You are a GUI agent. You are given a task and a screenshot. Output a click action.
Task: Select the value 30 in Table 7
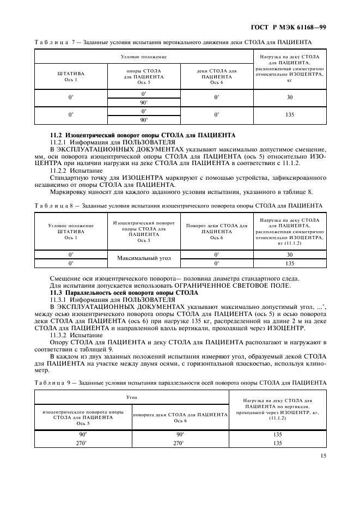pos(289,97)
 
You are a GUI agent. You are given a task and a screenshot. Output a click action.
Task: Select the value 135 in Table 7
pos(289,115)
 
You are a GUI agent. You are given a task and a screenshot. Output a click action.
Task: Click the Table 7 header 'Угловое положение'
pos(143,56)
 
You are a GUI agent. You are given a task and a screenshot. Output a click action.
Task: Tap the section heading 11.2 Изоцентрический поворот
pos(143,135)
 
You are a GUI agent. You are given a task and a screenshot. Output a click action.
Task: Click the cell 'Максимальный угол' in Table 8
pos(143,259)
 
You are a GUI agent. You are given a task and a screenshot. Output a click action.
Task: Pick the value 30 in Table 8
pos(289,254)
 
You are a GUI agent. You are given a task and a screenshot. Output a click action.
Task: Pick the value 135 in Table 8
pos(289,263)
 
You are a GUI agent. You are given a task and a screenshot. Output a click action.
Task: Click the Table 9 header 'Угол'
pos(131,398)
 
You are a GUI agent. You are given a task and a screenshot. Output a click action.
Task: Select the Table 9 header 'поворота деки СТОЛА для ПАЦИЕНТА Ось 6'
pos(180,417)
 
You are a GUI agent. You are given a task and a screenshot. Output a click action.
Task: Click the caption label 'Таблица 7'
pos(54,41)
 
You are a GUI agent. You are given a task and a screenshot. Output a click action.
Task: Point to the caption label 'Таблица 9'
pos(54,382)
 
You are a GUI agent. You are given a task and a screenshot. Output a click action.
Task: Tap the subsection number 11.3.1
pos(60,300)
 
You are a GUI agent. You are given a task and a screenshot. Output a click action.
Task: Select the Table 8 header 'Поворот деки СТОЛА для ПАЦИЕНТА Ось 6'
pos(216,231)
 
